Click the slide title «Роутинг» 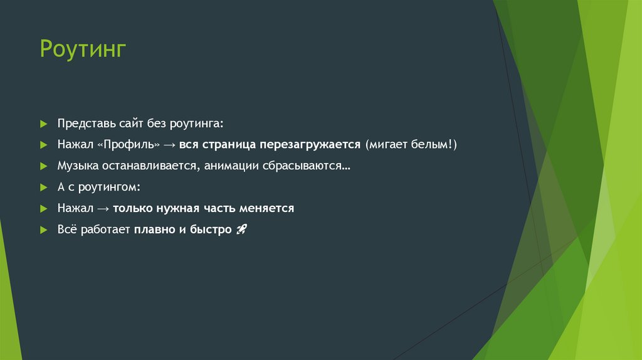pyautogui.click(x=83, y=49)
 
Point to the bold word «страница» pyautogui.click(x=227, y=145)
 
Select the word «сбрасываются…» pyautogui.click(x=307, y=166)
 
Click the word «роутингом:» pyautogui.click(x=113, y=188)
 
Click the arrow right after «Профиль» pyautogui.click(x=169, y=145)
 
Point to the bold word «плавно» pyautogui.click(x=150, y=230)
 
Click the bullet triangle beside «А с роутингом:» pyautogui.click(x=43, y=188)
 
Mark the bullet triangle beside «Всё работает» pyautogui.click(x=43, y=230)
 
